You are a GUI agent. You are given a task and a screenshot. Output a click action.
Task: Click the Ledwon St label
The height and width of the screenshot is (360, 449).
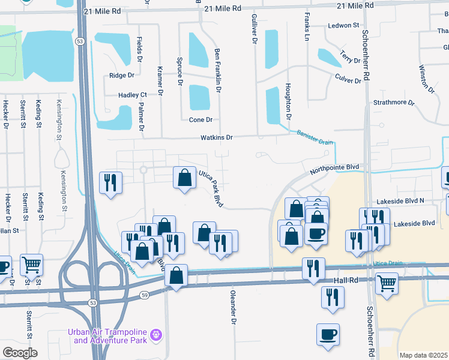[343, 26]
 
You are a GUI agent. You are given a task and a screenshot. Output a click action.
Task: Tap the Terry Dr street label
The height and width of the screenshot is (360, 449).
[349, 57]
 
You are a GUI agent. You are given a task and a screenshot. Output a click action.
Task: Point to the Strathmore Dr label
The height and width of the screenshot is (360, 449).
[394, 103]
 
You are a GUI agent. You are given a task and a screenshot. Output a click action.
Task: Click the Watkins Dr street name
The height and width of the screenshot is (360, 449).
[217, 137]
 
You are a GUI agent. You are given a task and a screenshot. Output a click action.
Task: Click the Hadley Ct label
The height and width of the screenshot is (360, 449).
[133, 95]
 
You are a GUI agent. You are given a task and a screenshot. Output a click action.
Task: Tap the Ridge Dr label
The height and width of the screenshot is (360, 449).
[122, 76]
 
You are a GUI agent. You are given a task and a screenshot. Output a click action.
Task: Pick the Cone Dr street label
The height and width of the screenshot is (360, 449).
[201, 120]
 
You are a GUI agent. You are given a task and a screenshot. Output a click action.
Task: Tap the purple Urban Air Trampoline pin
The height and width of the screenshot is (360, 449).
[156, 333]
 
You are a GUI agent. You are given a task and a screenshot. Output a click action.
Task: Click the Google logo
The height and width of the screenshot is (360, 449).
[20, 352]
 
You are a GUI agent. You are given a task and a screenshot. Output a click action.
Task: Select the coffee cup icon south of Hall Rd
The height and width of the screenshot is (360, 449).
[328, 334]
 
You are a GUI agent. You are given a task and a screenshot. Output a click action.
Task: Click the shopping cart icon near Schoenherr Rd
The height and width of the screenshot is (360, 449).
[387, 281]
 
